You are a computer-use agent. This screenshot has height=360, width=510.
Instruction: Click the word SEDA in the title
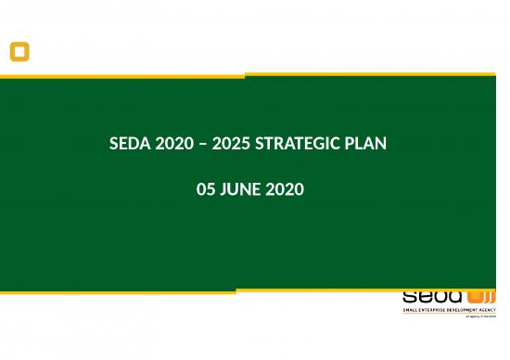coord(127,145)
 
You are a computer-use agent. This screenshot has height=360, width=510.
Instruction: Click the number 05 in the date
coord(207,190)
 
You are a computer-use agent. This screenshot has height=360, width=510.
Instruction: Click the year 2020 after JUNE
coord(285,190)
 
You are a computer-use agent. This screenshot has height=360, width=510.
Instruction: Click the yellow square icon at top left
coord(19,52)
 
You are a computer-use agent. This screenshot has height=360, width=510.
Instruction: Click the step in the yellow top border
coord(245,75)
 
